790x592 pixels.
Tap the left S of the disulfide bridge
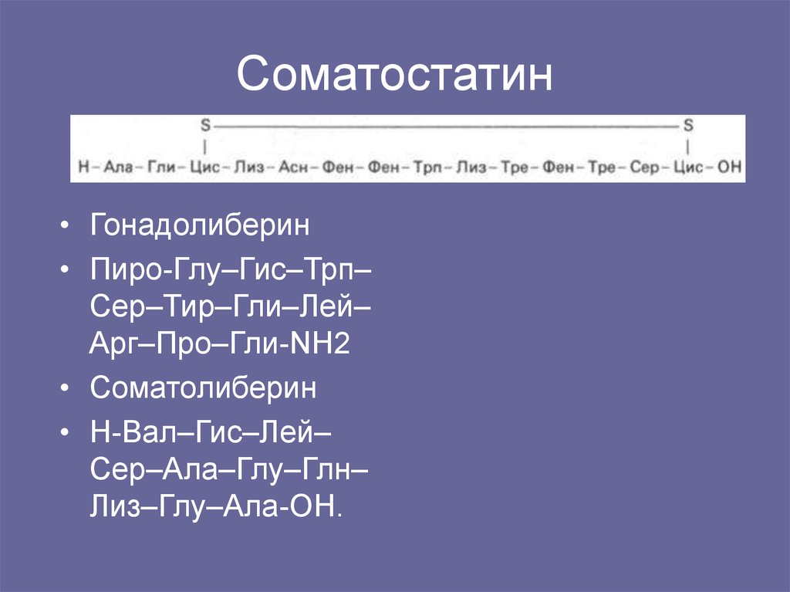[x=205, y=124]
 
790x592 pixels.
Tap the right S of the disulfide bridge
[x=688, y=124]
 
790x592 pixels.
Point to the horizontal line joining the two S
[x=446, y=124]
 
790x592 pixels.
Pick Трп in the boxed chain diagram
[x=427, y=167]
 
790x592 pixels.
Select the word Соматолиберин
[x=203, y=388]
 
